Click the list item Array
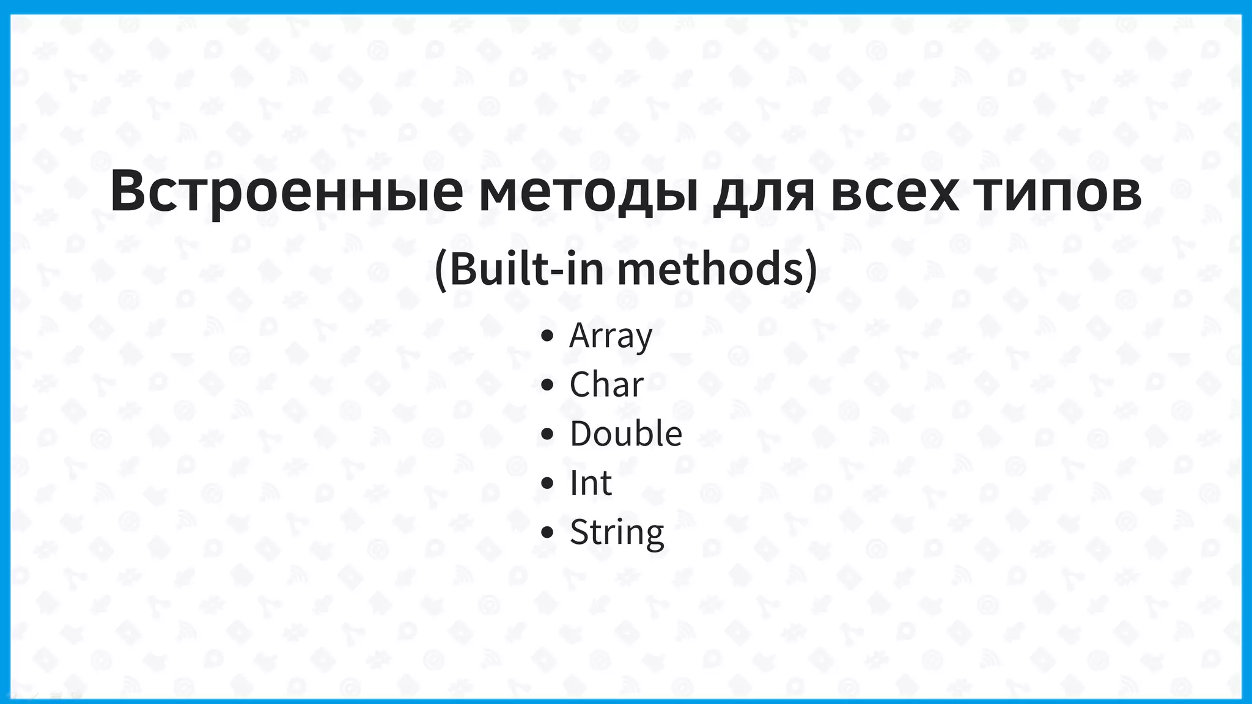[x=611, y=335]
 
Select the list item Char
[x=606, y=384]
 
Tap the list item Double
[x=626, y=433]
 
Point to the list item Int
[x=591, y=483]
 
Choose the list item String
[x=617, y=532]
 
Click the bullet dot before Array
[x=547, y=335]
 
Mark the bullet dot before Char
[x=547, y=385]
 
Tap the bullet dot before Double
[x=547, y=434]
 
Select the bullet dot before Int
[x=547, y=483]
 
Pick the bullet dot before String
[x=547, y=532]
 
